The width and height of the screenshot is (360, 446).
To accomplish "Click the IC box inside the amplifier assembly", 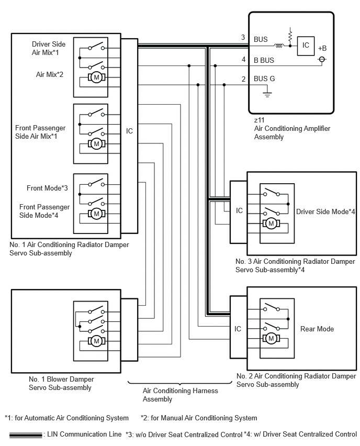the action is (306, 46).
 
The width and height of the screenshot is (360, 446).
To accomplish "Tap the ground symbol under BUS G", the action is (267, 93).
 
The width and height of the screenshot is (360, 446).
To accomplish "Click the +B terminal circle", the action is (322, 60).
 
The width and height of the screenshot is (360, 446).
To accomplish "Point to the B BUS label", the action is (264, 60).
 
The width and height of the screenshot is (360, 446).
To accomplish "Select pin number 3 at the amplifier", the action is (243, 37).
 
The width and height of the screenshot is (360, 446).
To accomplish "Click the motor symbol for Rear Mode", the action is (271, 339).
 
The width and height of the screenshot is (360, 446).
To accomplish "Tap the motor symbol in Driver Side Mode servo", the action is (271, 224).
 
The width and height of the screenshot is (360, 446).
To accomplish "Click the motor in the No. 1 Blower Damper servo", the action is (96, 341).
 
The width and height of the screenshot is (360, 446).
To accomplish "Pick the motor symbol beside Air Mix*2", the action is (96, 77).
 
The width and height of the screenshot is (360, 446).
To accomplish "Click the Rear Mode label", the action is (317, 329).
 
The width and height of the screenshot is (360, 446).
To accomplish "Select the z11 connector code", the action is (259, 120).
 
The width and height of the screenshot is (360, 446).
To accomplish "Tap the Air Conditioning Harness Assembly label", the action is (181, 395).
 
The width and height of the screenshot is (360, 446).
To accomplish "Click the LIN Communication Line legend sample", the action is (26, 435).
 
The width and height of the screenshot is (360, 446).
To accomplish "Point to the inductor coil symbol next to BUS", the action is (279, 46).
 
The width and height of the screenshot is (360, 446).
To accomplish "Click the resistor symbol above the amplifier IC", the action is (290, 36).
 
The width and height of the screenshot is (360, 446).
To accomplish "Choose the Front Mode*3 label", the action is (47, 188).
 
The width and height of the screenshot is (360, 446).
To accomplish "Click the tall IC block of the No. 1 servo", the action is (129, 136).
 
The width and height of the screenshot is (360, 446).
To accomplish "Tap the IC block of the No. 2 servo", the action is (238, 327).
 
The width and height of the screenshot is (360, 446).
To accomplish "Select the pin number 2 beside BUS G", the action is (243, 79).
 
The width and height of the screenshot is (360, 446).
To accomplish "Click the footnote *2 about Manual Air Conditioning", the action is (199, 418).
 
